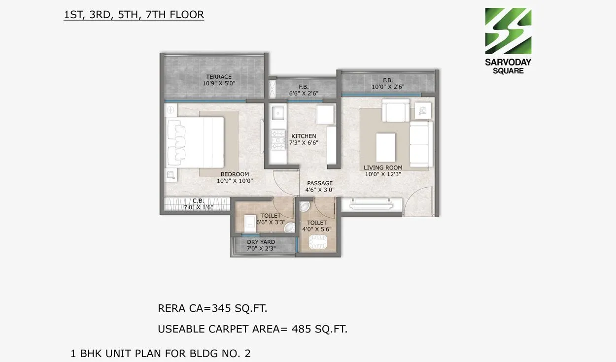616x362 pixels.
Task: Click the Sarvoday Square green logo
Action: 508,31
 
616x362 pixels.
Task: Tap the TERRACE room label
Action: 219,77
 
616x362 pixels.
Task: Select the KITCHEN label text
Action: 304,136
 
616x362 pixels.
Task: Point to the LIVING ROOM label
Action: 383,167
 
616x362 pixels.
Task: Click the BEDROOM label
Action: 235,174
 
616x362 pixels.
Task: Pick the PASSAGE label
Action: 320,183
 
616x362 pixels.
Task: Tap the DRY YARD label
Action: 261,242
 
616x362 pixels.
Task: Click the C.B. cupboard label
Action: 198,200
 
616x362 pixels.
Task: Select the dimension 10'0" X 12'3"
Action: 383,174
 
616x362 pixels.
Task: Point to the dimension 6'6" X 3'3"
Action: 271,222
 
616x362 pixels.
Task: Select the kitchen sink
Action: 277,113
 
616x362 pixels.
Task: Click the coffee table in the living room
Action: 385,146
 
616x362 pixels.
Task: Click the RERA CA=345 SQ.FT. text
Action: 212,309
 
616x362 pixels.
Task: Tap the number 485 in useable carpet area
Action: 302,329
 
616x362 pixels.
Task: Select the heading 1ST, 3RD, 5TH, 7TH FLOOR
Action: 134,15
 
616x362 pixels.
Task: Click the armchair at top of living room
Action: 397,111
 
